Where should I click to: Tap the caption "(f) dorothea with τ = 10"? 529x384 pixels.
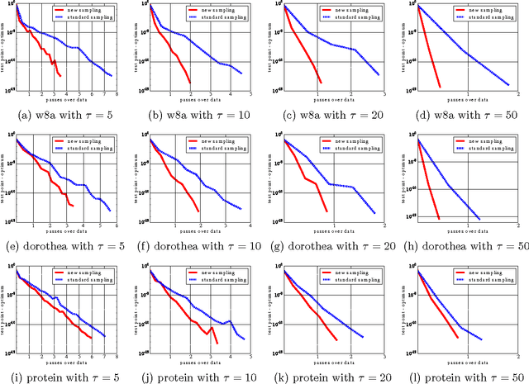coord(198,245)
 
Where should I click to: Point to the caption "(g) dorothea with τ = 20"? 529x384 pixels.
coord(330,245)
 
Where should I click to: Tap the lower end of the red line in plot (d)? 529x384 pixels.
coord(440,87)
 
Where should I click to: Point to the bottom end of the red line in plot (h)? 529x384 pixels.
coord(438,219)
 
